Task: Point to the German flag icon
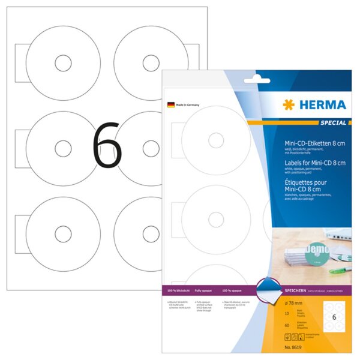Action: (170, 104)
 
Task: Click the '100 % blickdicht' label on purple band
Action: (182, 290)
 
